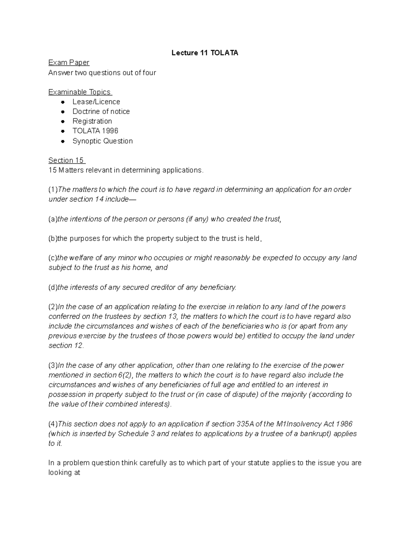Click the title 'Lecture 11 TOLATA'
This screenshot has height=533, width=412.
205,53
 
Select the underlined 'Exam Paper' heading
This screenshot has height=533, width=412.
69,62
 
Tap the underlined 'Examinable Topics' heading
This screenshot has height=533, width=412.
80,92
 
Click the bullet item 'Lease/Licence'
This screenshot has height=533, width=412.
96,102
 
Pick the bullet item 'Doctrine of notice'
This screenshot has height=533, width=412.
101,111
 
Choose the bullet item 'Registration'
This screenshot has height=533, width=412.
92,121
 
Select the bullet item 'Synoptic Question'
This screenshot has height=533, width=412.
102,141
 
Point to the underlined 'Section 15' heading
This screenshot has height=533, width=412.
66,160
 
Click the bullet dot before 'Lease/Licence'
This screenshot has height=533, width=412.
62,102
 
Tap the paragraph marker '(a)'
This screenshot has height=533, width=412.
53,219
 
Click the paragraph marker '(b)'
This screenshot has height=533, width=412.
53,239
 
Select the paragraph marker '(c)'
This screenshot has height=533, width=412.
53,258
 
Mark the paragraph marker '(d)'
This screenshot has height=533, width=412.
53,287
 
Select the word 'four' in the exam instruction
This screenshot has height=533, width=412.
150,72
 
